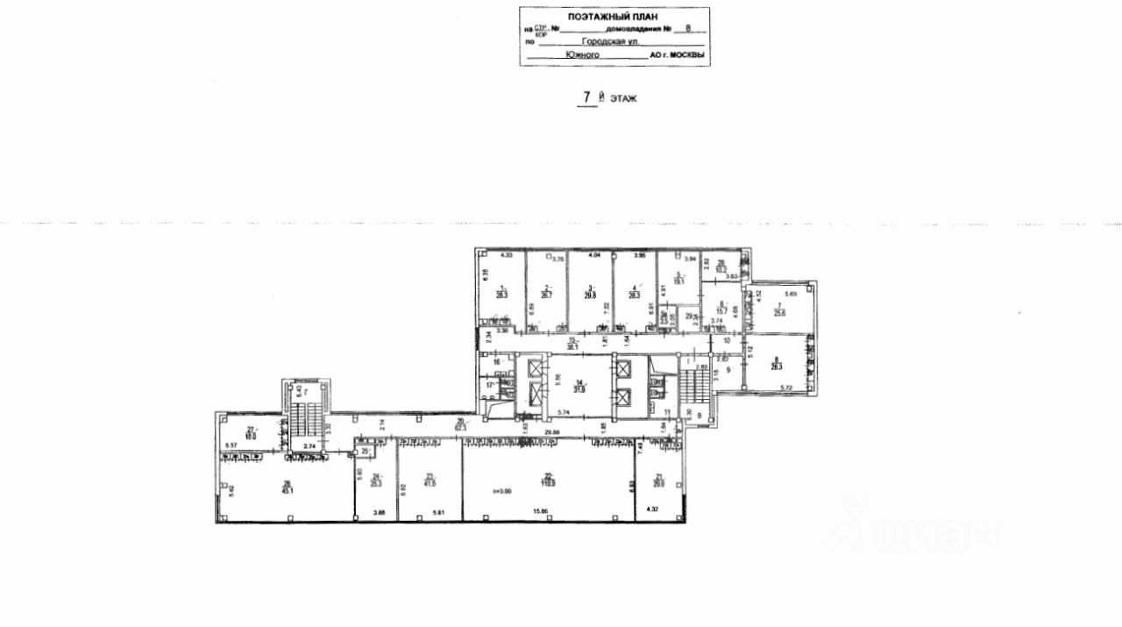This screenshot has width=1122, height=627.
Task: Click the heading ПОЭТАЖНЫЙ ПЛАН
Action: [x=613, y=17]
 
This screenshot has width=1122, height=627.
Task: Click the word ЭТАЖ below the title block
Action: [x=623, y=99]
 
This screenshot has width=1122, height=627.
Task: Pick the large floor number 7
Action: [x=587, y=97]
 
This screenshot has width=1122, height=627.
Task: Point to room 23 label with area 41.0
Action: [x=429, y=480]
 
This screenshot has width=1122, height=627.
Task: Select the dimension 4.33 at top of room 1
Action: [x=505, y=255]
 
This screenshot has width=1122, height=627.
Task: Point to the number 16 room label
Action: [x=496, y=361]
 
